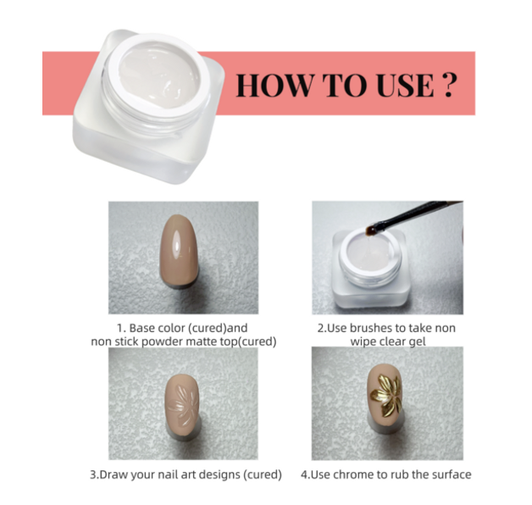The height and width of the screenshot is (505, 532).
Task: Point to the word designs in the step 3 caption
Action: pos(223,474)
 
